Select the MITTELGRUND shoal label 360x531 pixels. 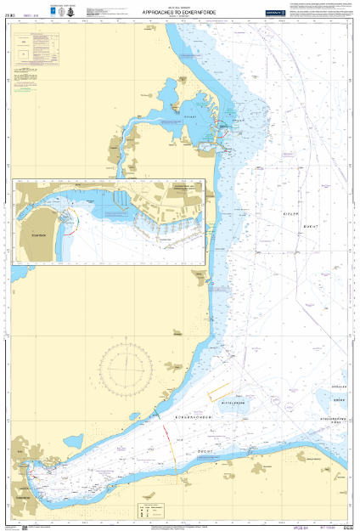click(255, 404)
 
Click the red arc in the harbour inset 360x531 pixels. click(76, 222)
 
